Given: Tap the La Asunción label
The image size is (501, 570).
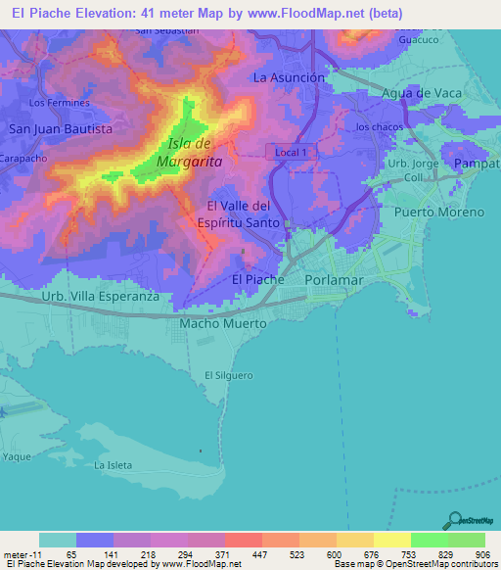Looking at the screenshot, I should (x=288, y=76).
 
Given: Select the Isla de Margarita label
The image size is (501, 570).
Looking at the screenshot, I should (x=189, y=153).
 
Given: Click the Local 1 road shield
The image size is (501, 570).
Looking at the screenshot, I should (x=292, y=152).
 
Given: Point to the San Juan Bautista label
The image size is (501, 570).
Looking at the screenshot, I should (x=61, y=128).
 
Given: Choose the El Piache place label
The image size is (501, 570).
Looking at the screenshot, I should (x=257, y=279).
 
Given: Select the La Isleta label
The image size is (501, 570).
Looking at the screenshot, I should (x=112, y=465).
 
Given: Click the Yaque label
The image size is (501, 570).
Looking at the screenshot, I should (x=16, y=457).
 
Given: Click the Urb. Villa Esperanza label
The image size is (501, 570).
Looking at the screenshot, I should (x=100, y=296).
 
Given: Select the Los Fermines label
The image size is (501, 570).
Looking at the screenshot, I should (x=60, y=102).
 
